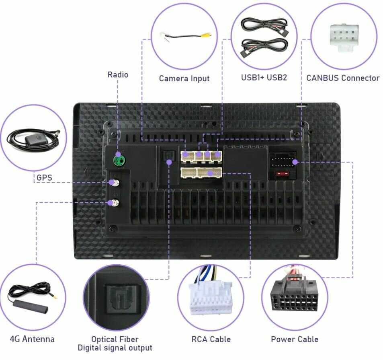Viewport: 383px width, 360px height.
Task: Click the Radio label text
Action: click(x=118, y=74)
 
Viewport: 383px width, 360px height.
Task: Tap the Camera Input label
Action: click(x=184, y=78)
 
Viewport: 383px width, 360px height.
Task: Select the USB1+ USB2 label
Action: click(x=264, y=78)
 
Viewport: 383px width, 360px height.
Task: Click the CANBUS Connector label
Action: click(x=343, y=78)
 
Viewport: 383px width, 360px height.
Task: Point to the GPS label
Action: click(x=44, y=177)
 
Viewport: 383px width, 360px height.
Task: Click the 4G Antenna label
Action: click(x=32, y=339)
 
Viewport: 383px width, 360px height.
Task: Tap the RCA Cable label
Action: click(x=211, y=339)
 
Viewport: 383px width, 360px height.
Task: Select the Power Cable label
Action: click(x=295, y=339)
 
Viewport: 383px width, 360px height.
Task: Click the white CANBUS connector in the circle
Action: click(x=344, y=37)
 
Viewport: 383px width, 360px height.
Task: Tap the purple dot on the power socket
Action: click(x=295, y=162)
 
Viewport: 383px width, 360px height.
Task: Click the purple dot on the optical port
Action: click(x=169, y=162)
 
